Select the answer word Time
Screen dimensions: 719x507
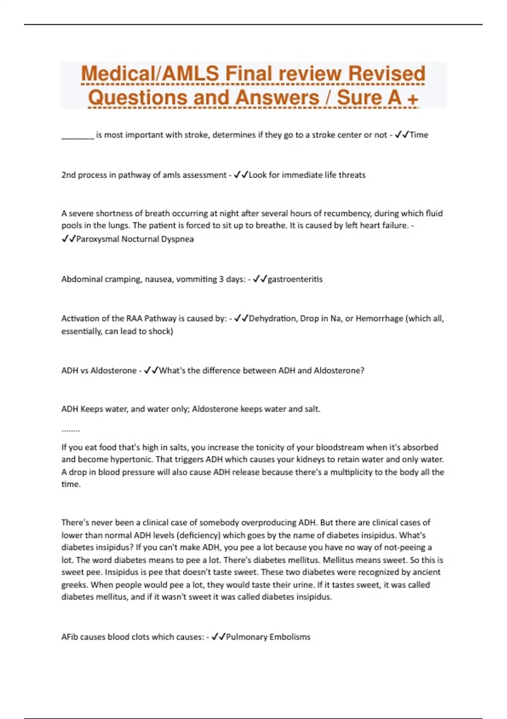(419, 135)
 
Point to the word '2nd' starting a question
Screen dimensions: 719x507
(68, 175)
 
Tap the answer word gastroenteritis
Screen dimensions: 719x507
(295, 279)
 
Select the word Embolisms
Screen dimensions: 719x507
(289, 637)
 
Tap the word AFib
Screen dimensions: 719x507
(69, 637)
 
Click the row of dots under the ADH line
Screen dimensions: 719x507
(71, 431)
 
